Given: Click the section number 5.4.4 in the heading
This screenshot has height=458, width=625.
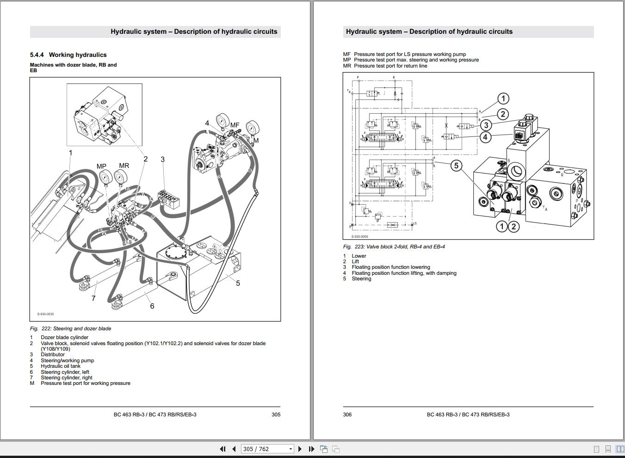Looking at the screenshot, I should coord(37,55).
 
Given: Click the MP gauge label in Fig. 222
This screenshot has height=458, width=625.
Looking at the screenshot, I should coord(101,167).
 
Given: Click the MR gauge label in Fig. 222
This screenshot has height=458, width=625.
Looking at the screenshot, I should coord(124,166).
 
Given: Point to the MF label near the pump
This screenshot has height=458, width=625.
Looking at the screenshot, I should coord(235,125).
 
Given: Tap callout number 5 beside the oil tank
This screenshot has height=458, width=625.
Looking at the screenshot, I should coord(238,283).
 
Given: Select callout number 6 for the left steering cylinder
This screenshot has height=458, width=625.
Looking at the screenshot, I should coord(152,306).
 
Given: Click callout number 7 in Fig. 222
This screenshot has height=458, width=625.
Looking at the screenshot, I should coord(93,298).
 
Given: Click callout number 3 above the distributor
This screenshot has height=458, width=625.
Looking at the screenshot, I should coord(162,159).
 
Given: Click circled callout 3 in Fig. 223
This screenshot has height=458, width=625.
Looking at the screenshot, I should coord(486,125).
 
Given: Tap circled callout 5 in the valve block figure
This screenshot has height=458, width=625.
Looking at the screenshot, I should coord(456,166).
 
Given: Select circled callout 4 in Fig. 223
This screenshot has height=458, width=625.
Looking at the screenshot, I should coord(485,137).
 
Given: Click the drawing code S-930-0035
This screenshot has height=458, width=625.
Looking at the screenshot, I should coord(45,314).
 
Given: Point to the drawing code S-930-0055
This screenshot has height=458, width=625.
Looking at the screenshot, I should coord(359,237).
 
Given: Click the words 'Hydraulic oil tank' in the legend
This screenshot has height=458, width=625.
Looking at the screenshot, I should coord(61,366).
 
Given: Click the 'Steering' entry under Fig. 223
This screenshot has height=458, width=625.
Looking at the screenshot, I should coord(361,279).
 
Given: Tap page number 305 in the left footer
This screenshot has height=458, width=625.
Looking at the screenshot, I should coord(276,415).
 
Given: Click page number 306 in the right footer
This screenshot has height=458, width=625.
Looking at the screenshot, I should coord(347,415).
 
